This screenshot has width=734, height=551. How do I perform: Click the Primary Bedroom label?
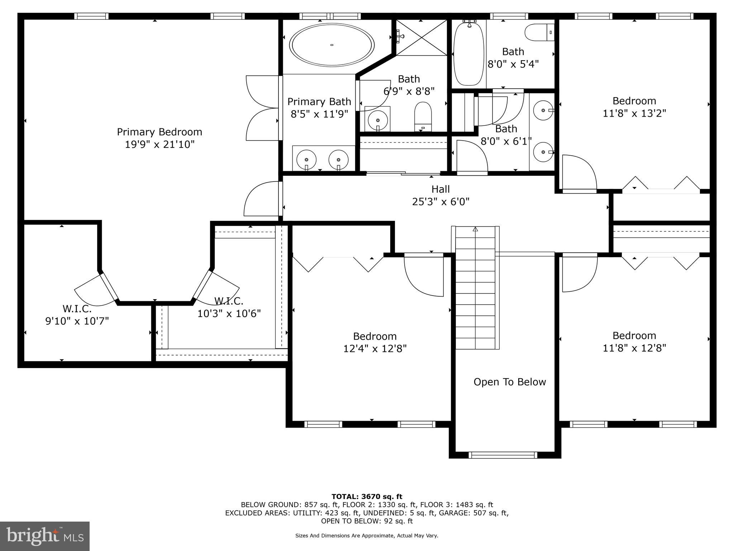[159, 132]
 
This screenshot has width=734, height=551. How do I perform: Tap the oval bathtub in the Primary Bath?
[332, 45]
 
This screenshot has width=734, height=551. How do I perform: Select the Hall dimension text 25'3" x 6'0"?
[440, 202]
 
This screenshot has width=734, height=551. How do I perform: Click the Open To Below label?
[510, 382]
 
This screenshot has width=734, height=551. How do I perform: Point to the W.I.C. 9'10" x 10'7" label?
[77, 315]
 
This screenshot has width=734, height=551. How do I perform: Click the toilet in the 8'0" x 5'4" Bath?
[540, 33]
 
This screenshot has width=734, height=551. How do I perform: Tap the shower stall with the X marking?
[422, 38]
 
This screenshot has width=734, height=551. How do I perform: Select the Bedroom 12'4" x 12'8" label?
[375, 342]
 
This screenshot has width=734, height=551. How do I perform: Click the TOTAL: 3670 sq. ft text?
[367, 497]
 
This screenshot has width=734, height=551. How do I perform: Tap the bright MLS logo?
[45, 536]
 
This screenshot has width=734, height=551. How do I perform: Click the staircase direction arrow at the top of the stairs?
[476, 230]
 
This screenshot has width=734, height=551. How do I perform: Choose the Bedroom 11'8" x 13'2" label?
[634, 107]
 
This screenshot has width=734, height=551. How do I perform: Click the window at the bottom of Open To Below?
[503, 455]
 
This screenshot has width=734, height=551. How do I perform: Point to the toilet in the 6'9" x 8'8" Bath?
[423, 116]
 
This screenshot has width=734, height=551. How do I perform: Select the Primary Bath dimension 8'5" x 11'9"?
[319, 114]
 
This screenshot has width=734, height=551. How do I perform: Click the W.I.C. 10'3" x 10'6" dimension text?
[229, 314]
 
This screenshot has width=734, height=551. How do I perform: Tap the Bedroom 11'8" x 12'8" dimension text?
[634, 348]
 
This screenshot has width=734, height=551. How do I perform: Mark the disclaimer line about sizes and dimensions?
[367, 536]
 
